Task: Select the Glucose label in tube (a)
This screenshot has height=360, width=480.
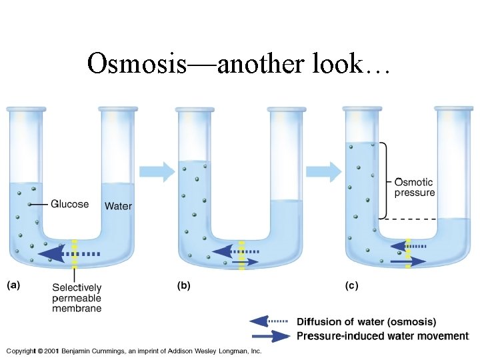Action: click(69, 204)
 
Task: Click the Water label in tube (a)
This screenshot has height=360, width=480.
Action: click(118, 206)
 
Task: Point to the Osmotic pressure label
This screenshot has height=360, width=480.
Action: click(414, 187)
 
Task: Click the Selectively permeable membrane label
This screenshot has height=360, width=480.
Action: click(77, 298)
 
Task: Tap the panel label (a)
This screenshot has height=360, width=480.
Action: click(13, 285)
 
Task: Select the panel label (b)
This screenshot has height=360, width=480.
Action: click(183, 285)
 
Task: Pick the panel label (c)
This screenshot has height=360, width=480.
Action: click(351, 285)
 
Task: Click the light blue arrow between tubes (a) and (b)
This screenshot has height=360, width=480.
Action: click(159, 171)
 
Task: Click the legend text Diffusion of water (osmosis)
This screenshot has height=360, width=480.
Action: click(366, 322)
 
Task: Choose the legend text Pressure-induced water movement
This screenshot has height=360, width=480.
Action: click(382, 336)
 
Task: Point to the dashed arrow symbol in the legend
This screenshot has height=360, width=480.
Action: click(270, 322)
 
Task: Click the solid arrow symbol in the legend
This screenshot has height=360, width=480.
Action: click(270, 336)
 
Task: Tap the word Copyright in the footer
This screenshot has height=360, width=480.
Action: click(20, 351)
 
